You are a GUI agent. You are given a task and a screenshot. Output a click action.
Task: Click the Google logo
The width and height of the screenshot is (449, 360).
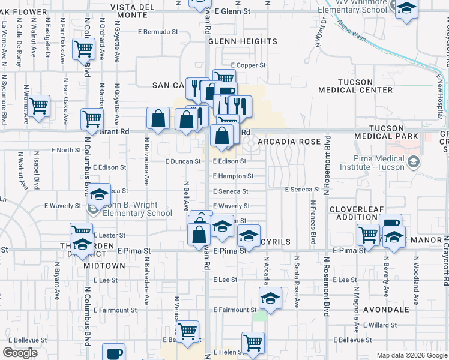click(x=20, y=353)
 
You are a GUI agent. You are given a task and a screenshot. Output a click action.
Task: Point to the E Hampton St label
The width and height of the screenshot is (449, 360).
click(x=233, y=176)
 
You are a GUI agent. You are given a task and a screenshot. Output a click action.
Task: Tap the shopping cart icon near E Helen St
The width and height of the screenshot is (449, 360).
click(x=253, y=343)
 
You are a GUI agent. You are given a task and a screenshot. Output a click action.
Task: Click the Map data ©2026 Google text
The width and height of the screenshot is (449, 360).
click(x=411, y=355)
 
